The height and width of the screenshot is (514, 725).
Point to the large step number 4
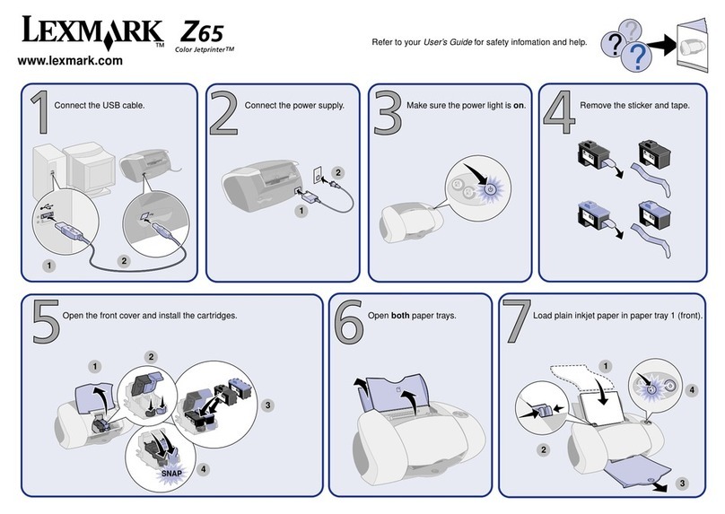click(x=559, y=117)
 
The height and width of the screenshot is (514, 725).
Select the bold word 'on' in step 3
click(x=518, y=106)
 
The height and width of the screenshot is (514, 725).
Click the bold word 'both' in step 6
click(x=401, y=317)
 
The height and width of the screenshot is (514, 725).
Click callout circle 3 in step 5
click(x=267, y=405)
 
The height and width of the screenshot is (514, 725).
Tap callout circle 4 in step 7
click(x=692, y=390)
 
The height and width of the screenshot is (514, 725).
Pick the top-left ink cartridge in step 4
click(x=589, y=155)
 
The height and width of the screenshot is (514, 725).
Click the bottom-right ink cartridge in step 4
click(x=651, y=216)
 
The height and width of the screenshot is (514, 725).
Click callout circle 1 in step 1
click(x=48, y=265)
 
